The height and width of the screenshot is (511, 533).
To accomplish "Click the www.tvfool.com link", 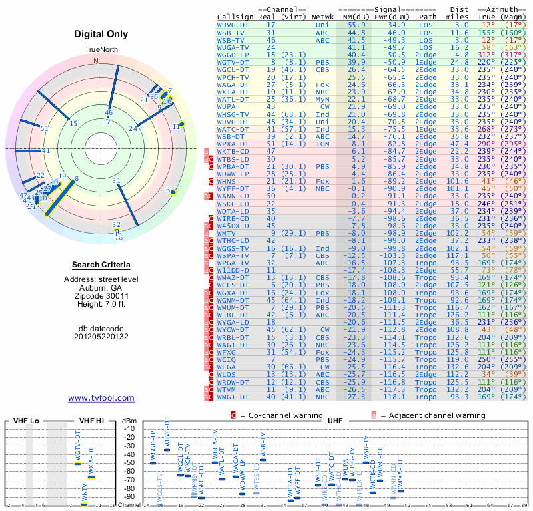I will (101, 398).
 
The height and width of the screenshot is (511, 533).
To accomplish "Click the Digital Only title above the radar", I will (101, 34).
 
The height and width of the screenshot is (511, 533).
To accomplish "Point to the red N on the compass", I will (96, 61).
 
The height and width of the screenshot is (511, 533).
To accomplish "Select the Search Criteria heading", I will (101, 265).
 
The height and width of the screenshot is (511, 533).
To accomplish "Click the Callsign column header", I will (236, 17).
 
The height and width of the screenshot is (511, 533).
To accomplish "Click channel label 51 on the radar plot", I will (45, 128).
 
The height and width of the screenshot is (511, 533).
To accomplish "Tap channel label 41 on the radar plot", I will (46, 150).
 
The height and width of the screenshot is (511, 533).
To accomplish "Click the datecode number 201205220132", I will (101, 337).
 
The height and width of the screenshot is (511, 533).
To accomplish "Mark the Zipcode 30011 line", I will (101, 295).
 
